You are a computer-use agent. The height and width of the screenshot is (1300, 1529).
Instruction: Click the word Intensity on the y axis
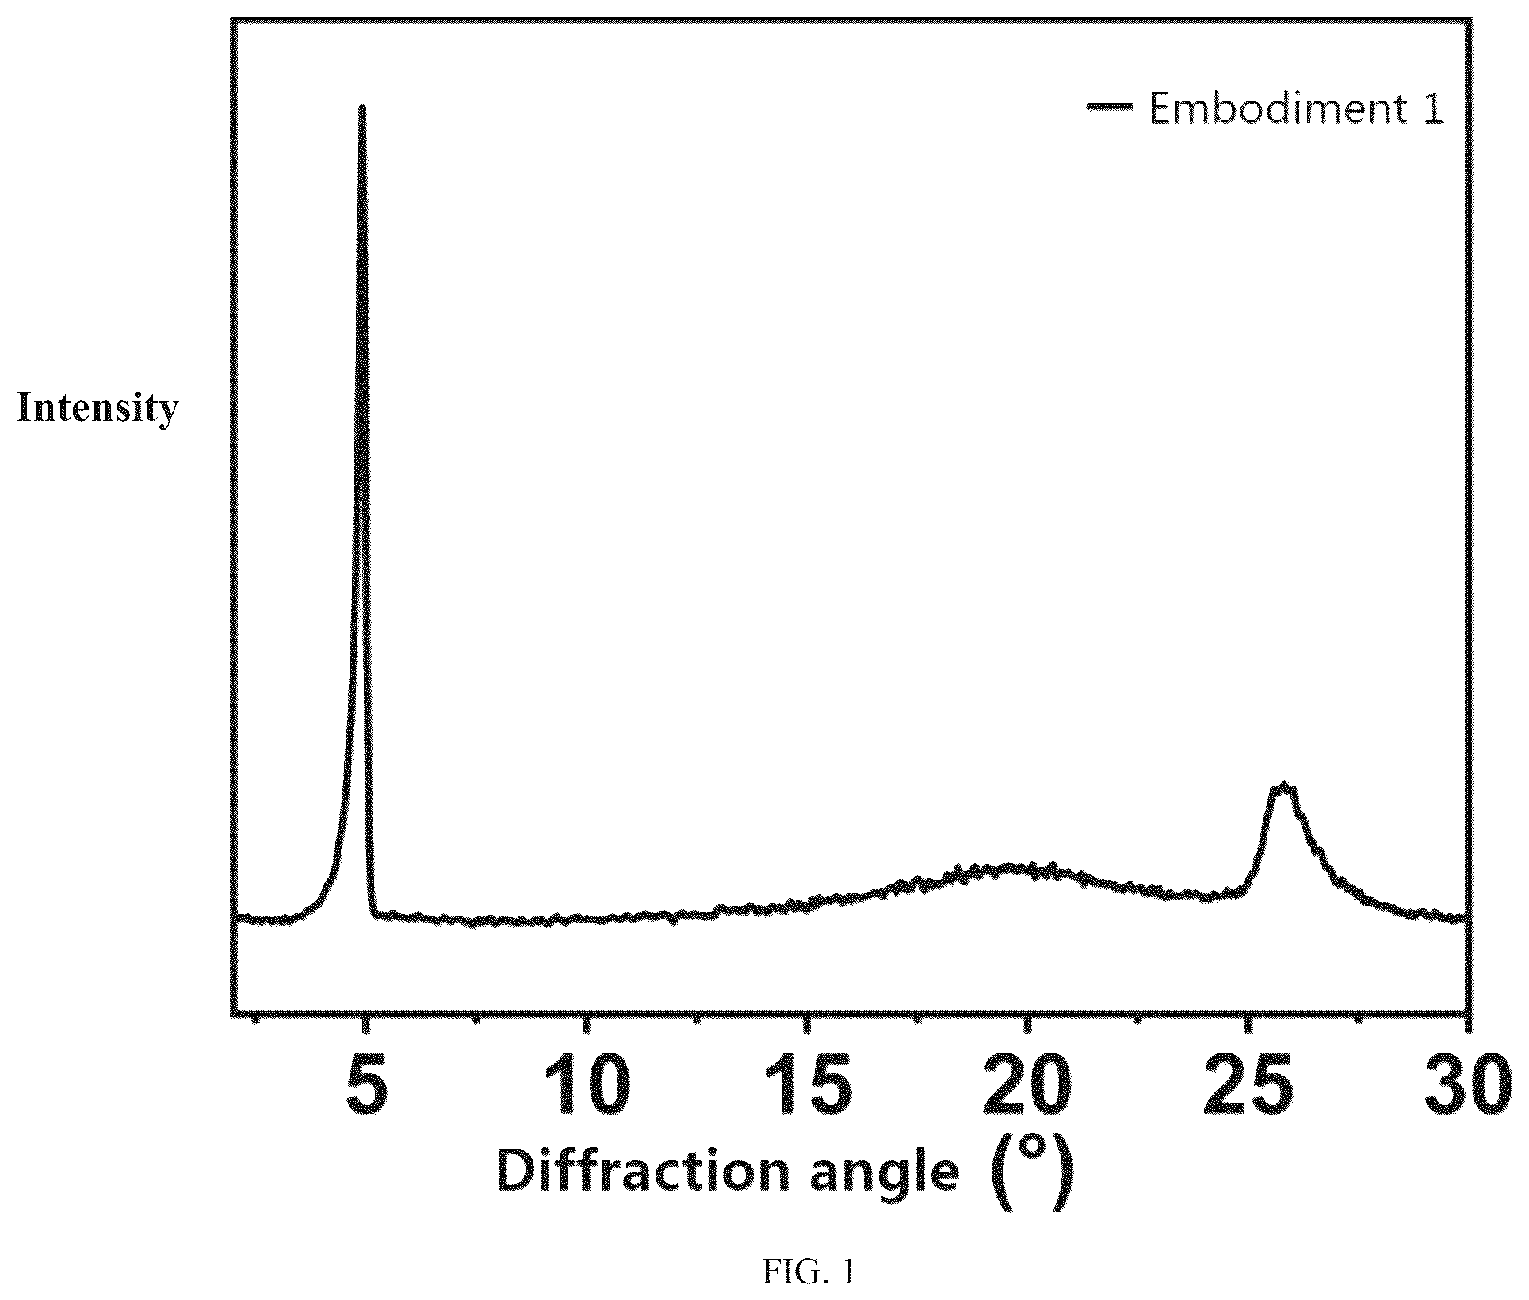tap(97, 409)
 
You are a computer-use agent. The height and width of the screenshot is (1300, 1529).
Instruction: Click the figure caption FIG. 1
tap(808, 1273)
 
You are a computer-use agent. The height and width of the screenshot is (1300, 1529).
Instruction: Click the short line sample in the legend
tap(1109, 106)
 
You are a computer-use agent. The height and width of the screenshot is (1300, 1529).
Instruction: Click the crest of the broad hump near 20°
tap(1015, 867)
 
